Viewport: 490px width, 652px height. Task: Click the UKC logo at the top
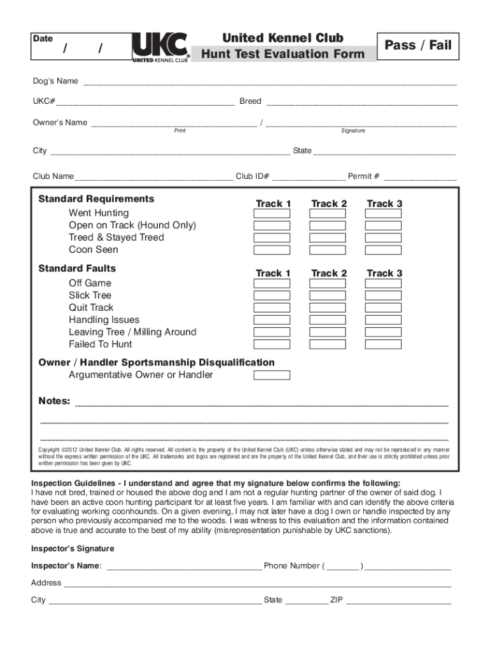click(160, 48)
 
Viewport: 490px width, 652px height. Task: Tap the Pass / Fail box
click(417, 45)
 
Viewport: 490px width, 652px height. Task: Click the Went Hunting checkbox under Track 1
click(272, 213)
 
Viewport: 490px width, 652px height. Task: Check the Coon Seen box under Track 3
click(383, 250)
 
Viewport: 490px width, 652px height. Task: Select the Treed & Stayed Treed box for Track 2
click(327, 237)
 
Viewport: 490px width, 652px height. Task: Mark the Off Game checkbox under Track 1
click(272, 283)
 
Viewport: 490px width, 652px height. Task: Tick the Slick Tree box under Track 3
click(383, 295)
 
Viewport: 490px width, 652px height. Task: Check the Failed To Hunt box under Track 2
click(327, 344)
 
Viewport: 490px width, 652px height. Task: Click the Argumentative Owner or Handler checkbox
click(272, 375)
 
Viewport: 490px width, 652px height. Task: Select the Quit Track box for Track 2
click(327, 308)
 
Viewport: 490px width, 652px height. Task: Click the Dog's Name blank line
click(270, 82)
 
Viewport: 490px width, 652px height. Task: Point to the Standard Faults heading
click(77, 269)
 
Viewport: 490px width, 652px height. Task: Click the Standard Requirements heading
click(96, 199)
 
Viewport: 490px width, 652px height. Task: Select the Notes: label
click(55, 401)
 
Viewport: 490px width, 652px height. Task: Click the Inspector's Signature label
click(73, 549)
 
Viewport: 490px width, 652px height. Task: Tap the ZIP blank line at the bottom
click(398, 600)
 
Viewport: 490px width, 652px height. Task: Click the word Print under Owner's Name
click(180, 131)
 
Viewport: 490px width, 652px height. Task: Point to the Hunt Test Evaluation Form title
click(283, 54)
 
